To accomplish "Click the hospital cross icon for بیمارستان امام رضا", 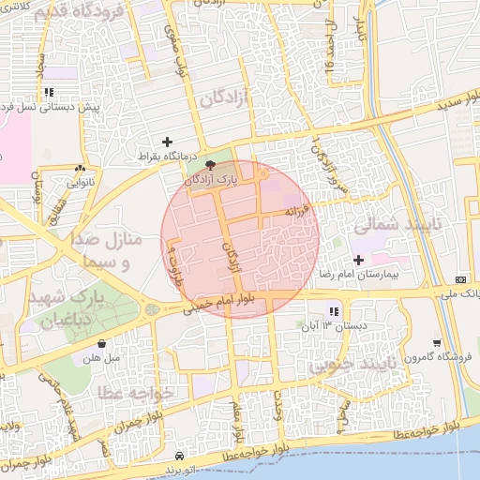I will pyautogui.click(x=358, y=260).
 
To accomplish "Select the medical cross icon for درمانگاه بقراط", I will pyautogui.click(x=167, y=142).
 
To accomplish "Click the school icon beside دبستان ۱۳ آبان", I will pyautogui.click(x=333, y=311).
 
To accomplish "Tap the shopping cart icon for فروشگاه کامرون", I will pyautogui.click(x=437, y=343).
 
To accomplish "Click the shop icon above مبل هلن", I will pyautogui.click(x=101, y=343).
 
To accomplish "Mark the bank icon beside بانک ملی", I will pyautogui.click(x=460, y=279).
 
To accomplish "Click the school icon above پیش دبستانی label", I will pyautogui.click(x=47, y=92).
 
